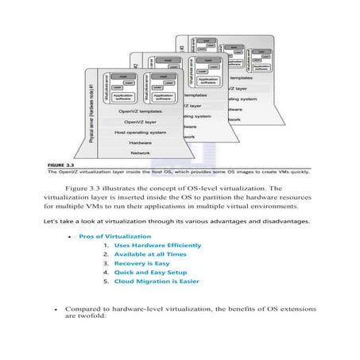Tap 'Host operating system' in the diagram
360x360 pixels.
pyautogui.click(x=140, y=131)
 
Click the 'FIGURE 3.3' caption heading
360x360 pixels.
pyautogui.click(x=60, y=163)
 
